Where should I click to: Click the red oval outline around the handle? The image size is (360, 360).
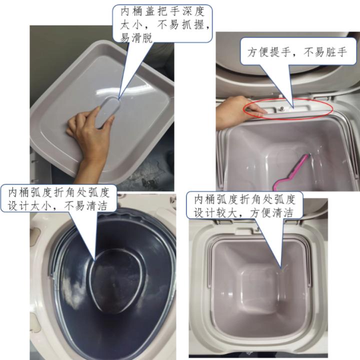288,108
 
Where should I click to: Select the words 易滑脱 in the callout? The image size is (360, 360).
135,38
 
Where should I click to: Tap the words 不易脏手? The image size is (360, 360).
325,52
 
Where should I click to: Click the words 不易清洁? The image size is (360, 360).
85,205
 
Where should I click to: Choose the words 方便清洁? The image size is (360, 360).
271,212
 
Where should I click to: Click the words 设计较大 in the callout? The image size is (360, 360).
215,212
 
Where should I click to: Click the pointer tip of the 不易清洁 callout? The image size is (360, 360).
94,260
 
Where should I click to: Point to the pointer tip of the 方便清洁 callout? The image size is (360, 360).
281,268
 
